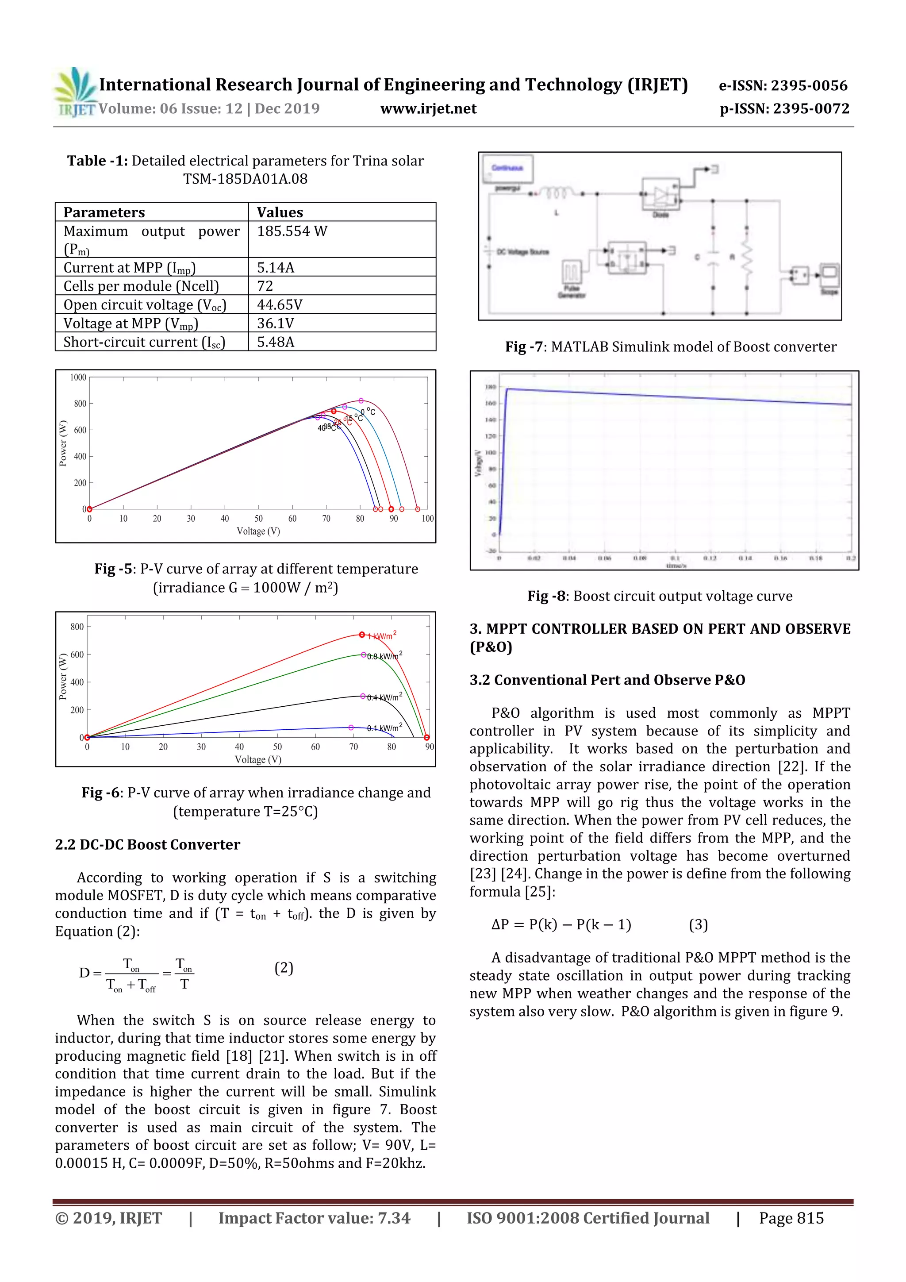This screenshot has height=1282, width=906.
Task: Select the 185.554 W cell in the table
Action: click(292, 231)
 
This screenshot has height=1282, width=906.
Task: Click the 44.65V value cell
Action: click(279, 305)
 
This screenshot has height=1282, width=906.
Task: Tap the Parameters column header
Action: click(104, 212)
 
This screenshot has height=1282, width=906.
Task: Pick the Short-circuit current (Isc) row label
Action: click(144, 342)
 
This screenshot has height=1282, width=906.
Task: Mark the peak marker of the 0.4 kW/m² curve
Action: click(363, 696)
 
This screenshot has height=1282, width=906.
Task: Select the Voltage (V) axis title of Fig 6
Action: click(258, 759)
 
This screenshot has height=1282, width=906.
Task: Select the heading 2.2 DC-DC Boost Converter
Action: click(147, 845)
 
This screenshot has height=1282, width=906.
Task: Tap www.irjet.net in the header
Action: click(428, 109)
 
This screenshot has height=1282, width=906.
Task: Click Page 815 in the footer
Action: click(791, 1218)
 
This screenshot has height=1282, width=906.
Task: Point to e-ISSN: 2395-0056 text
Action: click(783, 85)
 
